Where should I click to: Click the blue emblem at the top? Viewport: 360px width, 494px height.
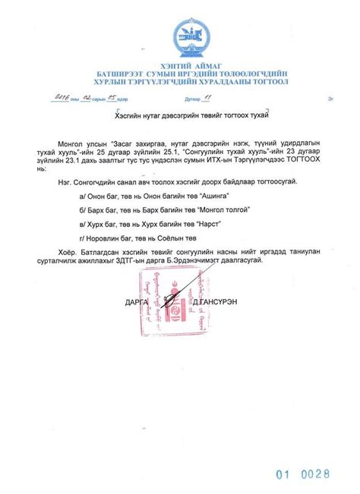tap(185, 35)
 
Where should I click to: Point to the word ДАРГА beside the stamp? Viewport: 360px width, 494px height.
tap(137, 302)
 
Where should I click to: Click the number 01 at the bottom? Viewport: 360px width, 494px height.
tap(284, 475)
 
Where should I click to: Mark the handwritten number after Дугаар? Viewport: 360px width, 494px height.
tap(205, 98)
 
